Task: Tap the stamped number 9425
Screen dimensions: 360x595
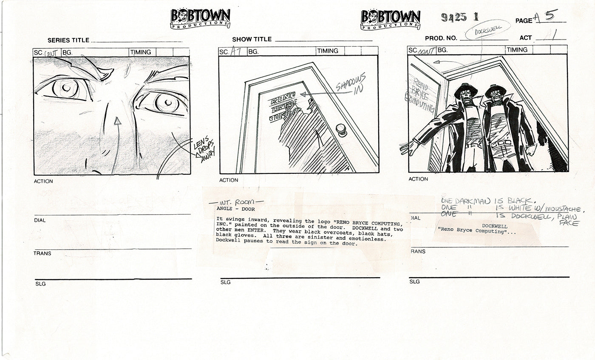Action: [454, 17]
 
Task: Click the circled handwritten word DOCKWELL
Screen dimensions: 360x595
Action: [482, 30]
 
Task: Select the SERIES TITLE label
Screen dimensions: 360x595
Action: [68, 40]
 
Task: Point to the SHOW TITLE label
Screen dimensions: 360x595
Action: [252, 40]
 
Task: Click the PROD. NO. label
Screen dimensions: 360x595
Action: [441, 38]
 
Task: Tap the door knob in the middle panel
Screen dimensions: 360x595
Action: [341, 129]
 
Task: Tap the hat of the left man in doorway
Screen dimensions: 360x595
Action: [466, 90]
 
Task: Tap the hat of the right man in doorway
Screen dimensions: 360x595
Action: [495, 90]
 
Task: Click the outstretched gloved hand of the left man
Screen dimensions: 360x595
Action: [409, 147]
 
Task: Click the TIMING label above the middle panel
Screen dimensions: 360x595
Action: [328, 51]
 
